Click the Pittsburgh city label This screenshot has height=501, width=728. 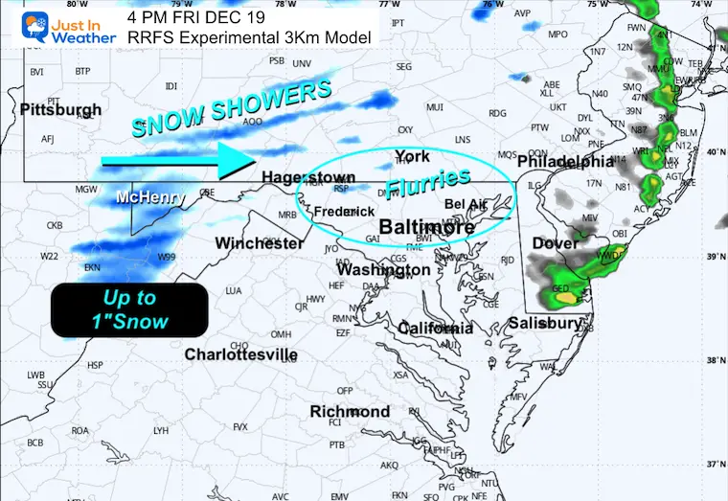tap(60, 109)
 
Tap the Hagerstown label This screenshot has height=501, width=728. tap(307, 177)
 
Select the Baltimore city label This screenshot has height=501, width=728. tap(427, 227)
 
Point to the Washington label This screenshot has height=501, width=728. tap(383, 270)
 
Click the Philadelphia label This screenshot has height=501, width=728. tap(564, 162)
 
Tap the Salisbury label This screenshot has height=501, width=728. tap(545, 323)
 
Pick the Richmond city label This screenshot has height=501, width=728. tap(350, 412)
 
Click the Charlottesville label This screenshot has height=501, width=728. tap(240, 354)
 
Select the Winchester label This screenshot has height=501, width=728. tap(260, 243)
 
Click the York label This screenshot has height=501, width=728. tap(412, 156)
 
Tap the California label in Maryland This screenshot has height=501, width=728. tap(435, 329)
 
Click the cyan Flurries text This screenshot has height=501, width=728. tap(428, 181)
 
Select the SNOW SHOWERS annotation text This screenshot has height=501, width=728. tap(231, 107)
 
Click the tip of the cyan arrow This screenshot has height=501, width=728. tap(252, 162)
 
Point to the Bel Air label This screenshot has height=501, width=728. tap(466, 204)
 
